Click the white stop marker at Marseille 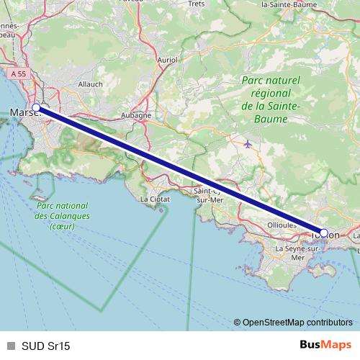click(x=36, y=108)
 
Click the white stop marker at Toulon click(x=324, y=233)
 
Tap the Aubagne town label click(x=136, y=115)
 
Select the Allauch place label click(x=90, y=84)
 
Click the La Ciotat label click(x=153, y=199)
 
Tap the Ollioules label click(x=282, y=225)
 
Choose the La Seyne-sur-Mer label click(x=287, y=252)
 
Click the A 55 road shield click(x=19, y=73)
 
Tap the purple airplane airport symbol click(x=248, y=143)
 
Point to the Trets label click(x=196, y=4)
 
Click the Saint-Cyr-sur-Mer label click(x=210, y=196)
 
